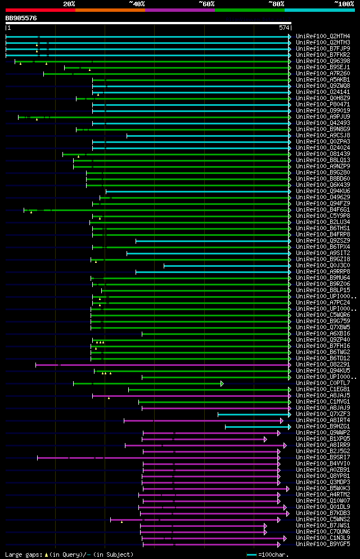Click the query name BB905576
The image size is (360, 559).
(x=21, y=18)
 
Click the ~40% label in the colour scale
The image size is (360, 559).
(x=137, y=4)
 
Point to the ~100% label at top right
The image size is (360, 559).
(x=344, y=4)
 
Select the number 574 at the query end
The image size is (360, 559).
(x=283, y=28)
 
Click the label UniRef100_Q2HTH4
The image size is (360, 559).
(x=323, y=37)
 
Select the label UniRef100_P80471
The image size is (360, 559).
(x=323, y=105)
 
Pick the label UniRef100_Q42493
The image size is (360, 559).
(x=323, y=123)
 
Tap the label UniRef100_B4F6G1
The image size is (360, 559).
(x=323, y=210)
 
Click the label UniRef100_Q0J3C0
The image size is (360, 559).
(x=323, y=266)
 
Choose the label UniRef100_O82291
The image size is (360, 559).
(x=323, y=365)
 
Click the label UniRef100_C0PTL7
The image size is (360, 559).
(x=323, y=383)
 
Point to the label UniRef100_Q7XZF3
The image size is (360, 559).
(x=323, y=414)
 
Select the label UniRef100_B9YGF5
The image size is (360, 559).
(x=323, y=544)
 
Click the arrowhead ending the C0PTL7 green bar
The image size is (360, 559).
(x=222, y=383)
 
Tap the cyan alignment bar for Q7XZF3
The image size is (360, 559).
(x=253, y=414)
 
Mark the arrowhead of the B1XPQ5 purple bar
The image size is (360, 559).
(x=265, y=439)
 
